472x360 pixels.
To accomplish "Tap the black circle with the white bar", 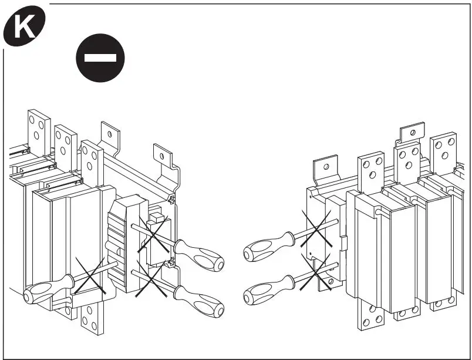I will [101, 58].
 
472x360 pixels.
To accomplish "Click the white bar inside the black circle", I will [101, 58].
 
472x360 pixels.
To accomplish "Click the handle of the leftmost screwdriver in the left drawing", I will [41, 291].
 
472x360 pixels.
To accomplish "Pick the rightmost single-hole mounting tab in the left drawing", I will [164, 157].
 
